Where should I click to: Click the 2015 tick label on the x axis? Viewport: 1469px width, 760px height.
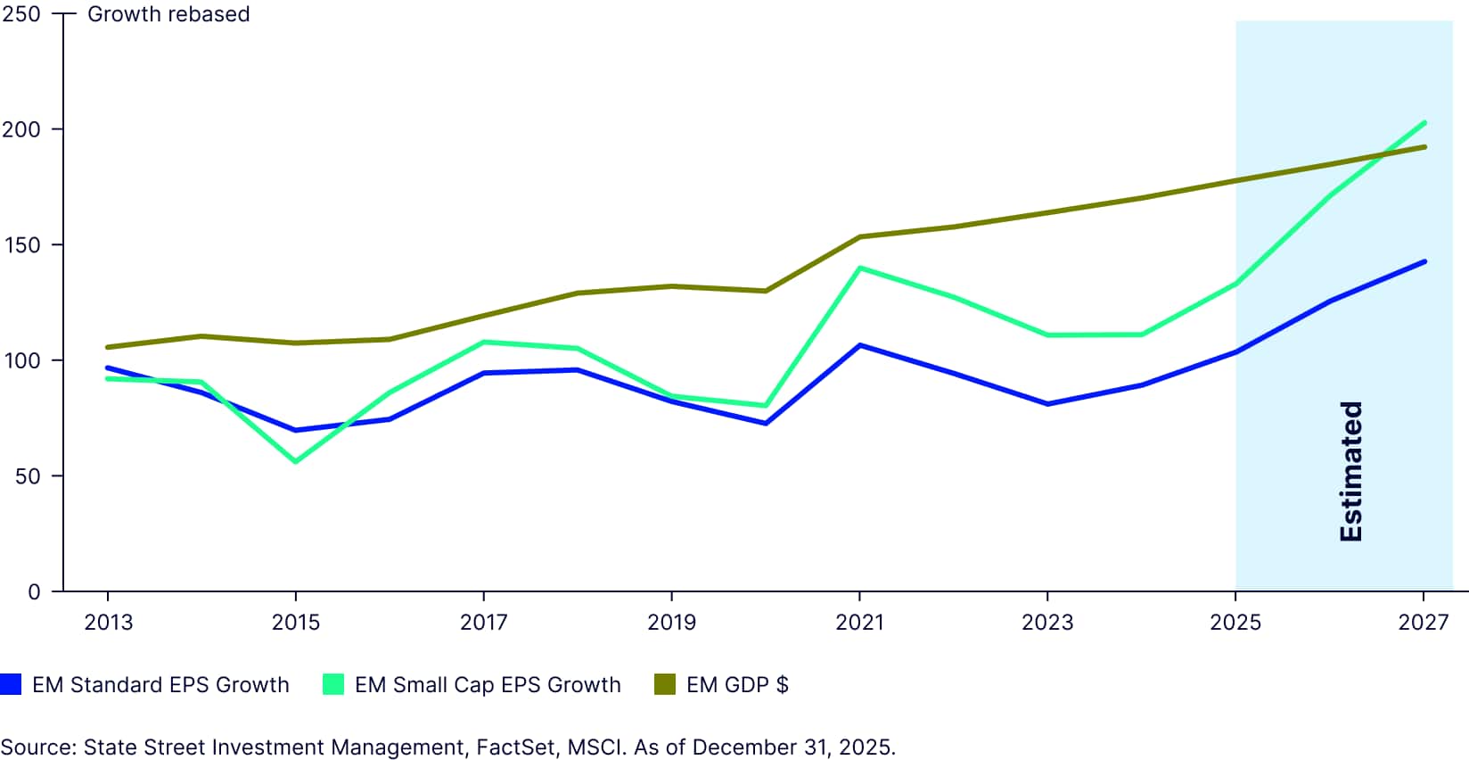point(295,622)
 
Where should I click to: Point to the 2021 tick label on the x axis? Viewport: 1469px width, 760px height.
point(859,622)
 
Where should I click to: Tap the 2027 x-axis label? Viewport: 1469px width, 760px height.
point(1423,622)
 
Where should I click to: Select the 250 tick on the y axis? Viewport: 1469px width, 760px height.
point(21,14)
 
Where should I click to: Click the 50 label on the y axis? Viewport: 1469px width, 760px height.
point(27,476)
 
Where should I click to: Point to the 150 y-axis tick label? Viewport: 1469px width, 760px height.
point(21,245)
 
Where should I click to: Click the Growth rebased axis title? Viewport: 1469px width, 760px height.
point(168,14)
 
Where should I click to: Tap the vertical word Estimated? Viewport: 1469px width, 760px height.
point(1351,471)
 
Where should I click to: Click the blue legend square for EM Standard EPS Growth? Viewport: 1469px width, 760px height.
point(11,684)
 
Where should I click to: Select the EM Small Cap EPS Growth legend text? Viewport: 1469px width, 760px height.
point(487,684)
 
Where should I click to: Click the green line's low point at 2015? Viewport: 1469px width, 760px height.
point(295,461)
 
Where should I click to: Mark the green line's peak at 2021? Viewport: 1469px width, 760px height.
point(859,268)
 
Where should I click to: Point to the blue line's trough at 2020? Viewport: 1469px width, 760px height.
point(766,423)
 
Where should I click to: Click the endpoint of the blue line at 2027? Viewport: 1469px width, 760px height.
point(1424,261)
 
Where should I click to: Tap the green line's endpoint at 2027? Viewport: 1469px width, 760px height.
point(1424,123)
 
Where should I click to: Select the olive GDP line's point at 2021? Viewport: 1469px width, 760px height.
point(859,236)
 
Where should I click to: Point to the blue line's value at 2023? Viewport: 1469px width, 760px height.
point(1047,404)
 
